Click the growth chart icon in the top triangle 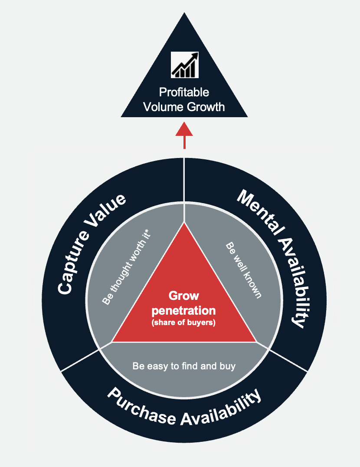pyautogui.click(x=184, y=65)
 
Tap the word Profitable pyautogui.click(x=184, y=92)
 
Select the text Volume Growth pyautogui.click(x=184, y=106)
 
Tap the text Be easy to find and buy pyautogui.click(x=184, y=366)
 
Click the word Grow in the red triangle pyautogui.click(x=184, y=296)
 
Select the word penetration pyautogui.click(x=184, y=310)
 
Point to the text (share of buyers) pyautogui.click(x=184, y=322)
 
